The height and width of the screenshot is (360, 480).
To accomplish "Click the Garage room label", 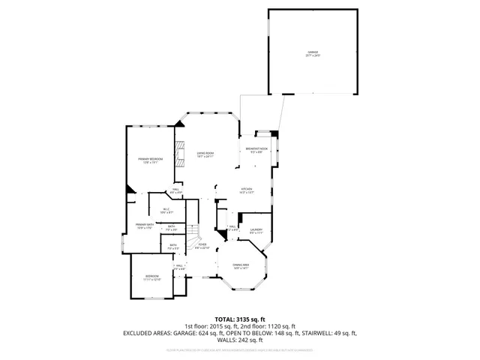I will pyautogui.click(x=311, y=54).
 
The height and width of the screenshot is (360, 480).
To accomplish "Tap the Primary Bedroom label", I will pyautogui.click(x=150, y=160).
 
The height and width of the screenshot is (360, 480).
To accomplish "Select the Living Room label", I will pyautogui.click(x=205, y=155).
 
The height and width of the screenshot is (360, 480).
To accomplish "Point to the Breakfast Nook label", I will pyautogui.click(x=256, y=150).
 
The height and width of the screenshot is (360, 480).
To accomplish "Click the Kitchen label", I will pyautogui.click(x=246, y=190).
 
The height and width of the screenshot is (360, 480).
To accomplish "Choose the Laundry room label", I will pyautogui.click(x=256, y=231).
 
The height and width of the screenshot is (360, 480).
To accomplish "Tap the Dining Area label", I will pyautogui.click(x=240, y=267).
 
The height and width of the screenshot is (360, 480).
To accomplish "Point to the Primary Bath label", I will pyautogui.click(x=145, y=226).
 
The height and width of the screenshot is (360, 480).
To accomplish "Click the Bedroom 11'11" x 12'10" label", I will pyautogui.click(x=152, y=277).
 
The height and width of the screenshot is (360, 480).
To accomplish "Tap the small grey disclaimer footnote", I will pyautogui.click(x=240, y=349).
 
